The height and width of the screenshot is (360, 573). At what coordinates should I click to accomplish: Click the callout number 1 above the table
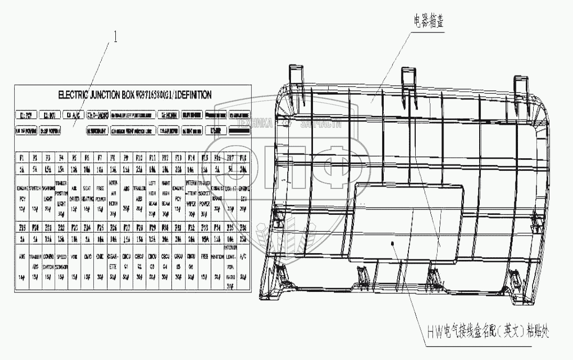(x=116, y=38)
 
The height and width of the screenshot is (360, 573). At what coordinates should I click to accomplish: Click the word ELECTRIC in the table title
(x=77, y=95)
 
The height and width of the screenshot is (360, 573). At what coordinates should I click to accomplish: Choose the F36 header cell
(x=243, y=227)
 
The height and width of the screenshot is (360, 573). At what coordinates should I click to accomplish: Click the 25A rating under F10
(x=139, y=169)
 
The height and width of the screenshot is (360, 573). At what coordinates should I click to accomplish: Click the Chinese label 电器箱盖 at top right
(x=430, y=23)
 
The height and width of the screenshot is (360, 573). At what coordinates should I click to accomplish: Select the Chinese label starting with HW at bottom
(x=488, y=331)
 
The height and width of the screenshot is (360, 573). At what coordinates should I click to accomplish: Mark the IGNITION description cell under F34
(x=217, y=257)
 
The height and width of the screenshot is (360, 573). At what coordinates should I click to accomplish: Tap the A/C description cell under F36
(x=243, y=257)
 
